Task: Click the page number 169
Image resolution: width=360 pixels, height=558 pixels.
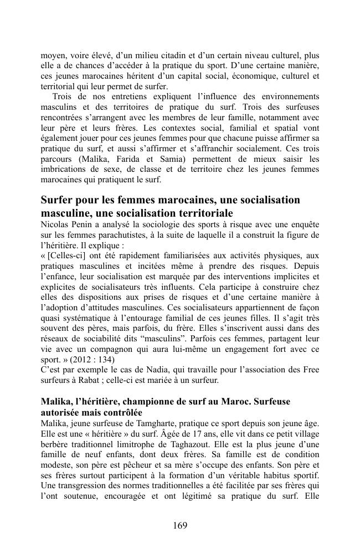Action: pyautogui.click(x=179, y=525)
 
